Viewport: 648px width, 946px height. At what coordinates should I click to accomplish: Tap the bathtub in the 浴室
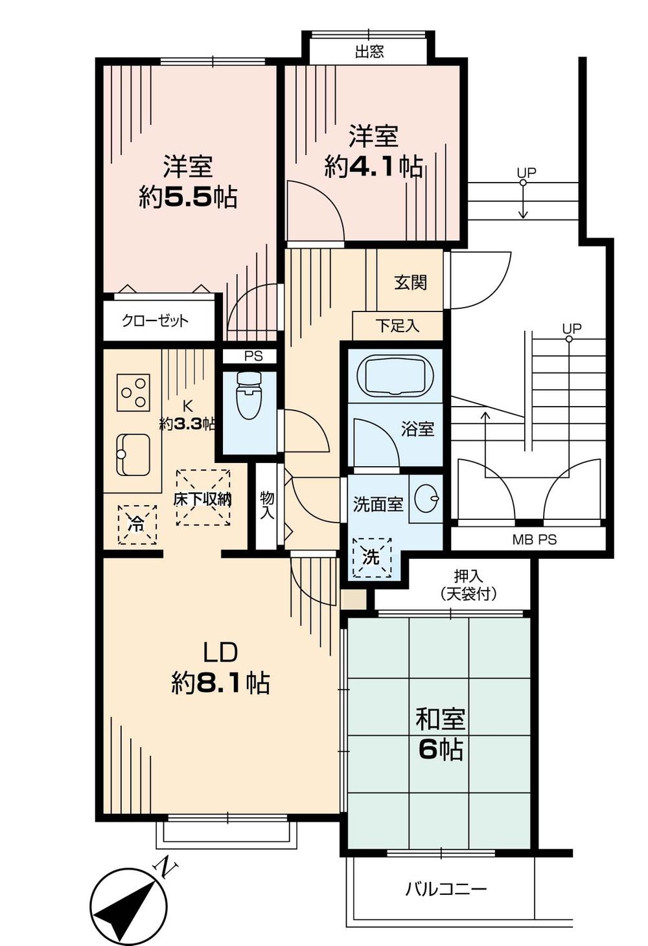pos(395,375)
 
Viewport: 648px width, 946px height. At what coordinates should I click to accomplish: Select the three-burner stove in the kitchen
pos(133,392)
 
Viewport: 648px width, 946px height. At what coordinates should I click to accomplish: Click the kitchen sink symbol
pos(133,455)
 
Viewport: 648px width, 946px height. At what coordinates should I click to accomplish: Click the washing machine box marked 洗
pos(371,556)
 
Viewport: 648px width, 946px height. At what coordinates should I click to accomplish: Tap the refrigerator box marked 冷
pos(137,524)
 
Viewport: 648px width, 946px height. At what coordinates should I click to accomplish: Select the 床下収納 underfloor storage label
pos(203,499)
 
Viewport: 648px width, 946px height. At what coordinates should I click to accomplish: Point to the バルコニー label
pos(446,889)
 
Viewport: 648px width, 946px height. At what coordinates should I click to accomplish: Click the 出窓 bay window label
pos(369,52)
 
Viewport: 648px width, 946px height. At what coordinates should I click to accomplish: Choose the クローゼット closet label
pos(156,321)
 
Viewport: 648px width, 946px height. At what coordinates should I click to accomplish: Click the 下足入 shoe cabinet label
pos(397,326)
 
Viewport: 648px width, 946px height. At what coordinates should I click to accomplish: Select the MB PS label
pos(534,539)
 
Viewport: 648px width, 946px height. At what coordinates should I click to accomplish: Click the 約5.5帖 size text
pos(188,197)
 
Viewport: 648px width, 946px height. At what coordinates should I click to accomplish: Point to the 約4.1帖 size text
pos(374,167)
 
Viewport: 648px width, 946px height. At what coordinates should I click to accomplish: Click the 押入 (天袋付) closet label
pos(469,585)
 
